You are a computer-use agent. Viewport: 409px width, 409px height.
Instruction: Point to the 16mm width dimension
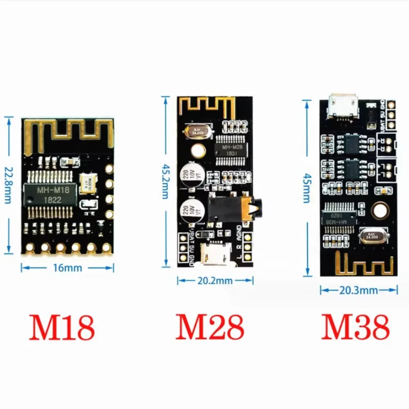[67, 268]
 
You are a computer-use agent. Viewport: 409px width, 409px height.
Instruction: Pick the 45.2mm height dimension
[165, 181]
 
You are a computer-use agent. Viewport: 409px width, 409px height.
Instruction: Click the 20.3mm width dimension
[358, 290]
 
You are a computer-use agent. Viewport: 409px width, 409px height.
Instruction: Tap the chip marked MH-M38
[340, 218]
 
